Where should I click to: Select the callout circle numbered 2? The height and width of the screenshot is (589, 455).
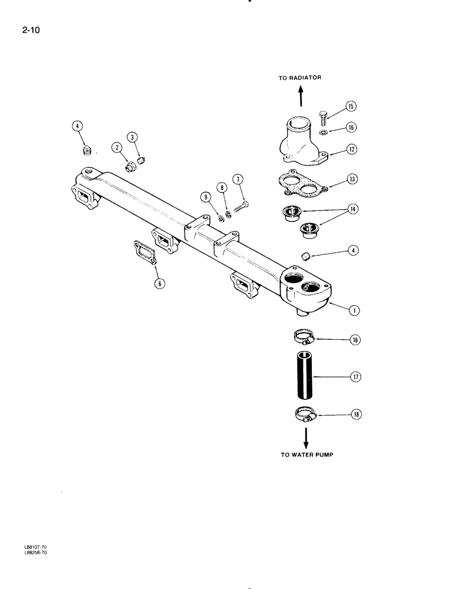[x=118, y=147]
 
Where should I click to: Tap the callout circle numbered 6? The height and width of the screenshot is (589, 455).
[x=159, y=283]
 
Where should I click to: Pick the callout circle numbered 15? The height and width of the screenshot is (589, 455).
[x=351, y=107]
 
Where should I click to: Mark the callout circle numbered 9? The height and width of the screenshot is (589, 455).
[x=206, y=196]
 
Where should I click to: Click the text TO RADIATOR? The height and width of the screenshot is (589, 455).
[x=300, y=78]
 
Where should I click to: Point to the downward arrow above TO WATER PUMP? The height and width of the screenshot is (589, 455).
[x=306, y=437]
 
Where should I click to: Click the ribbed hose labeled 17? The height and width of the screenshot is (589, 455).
[x=306, y=374]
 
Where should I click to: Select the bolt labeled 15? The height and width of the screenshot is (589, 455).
[x=323, y=118]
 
